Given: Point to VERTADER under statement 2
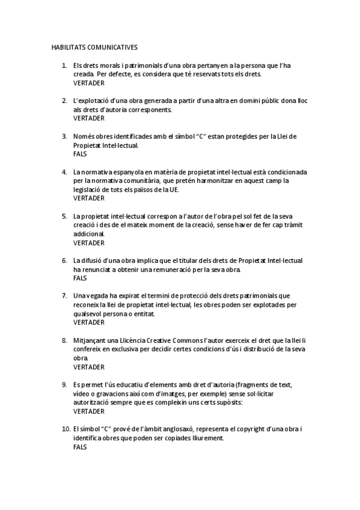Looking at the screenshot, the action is [x=89, y=118].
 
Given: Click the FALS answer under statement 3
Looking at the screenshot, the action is [x=80, y=154].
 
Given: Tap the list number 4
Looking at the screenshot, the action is [x=64, y=171].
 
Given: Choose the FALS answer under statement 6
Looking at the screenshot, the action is [x=80, y=278].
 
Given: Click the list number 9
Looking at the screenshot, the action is [x=64, y=385].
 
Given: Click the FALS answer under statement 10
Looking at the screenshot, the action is [x=80, y=447].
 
